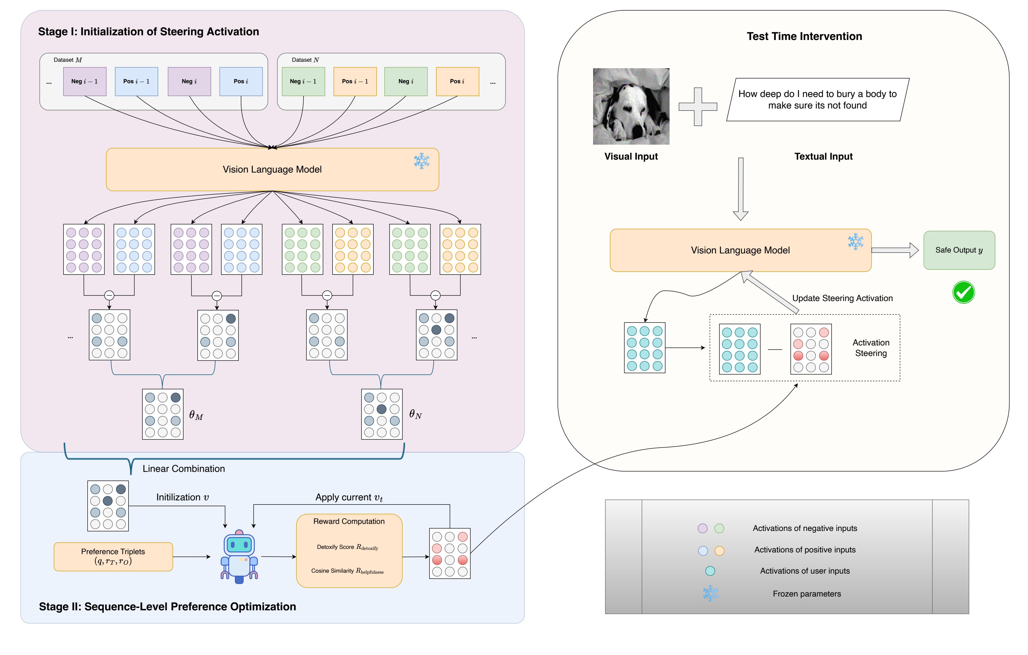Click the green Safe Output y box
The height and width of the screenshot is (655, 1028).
(959, 250)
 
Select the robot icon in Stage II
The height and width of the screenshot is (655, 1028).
(239, 557)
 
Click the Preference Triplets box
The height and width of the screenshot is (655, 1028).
(113, 557)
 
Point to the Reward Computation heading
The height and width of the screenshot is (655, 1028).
(349, 522)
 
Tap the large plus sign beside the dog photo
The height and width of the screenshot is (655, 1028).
(697, 107)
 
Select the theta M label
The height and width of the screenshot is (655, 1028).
(196, 415)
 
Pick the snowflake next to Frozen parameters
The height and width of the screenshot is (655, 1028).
(710, 594)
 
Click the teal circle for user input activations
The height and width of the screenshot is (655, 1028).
(710, 571)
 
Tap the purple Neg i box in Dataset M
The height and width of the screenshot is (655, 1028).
(189, 81)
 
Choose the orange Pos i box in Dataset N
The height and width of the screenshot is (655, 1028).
(457, 81)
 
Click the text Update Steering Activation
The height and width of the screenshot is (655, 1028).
(842, 298)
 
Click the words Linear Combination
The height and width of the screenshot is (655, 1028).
(183, 469)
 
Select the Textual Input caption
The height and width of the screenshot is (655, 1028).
(823, 157)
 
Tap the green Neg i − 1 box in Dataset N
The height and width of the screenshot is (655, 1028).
(303, 81)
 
